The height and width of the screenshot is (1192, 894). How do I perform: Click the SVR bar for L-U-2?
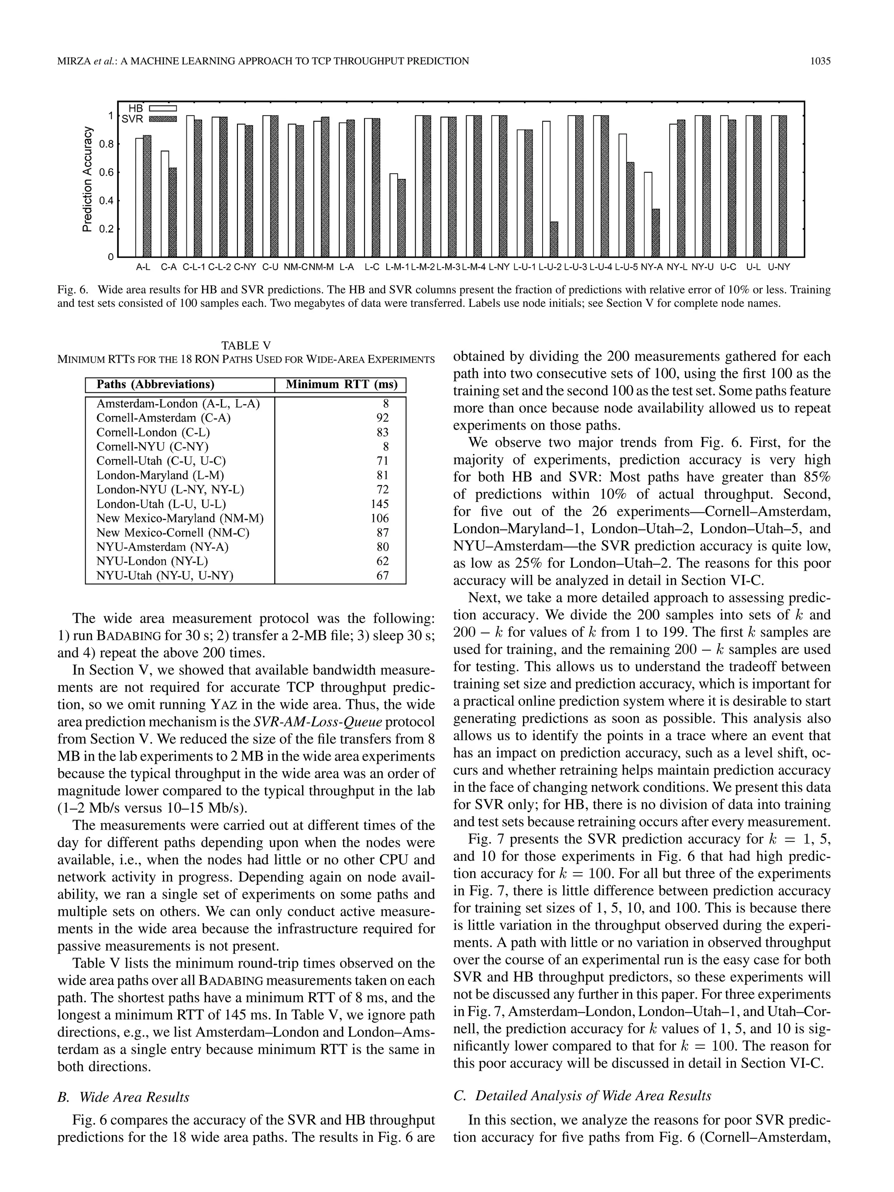coord(554,239)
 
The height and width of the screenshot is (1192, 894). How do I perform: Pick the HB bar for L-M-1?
coord(393,215)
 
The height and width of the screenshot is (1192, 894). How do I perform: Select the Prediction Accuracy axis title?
coord(87,179)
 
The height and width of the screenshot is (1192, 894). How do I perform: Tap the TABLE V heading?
coord(246,345)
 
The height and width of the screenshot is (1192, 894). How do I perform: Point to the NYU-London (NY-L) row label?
coord(152,561)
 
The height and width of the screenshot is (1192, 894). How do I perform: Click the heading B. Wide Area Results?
coord(124,1097)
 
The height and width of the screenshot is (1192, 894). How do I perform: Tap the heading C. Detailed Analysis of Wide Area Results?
coord(582,1096)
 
